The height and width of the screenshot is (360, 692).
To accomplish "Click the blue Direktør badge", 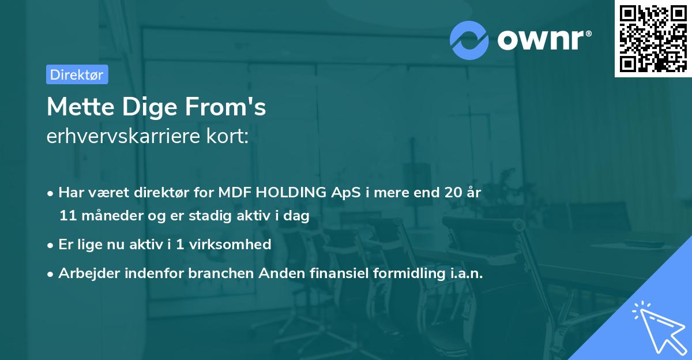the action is click(x=77, y=74).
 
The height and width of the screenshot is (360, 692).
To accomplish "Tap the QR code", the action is click(x=653, y=39).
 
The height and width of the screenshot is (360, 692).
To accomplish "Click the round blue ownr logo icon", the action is click(x=469, y=40).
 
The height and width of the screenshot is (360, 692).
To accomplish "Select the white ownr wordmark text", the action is click(x=544, y=40).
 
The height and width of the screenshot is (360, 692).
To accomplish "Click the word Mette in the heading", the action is click(x=81, y=107).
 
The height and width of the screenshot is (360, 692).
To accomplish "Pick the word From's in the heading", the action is click(x=225, y=107).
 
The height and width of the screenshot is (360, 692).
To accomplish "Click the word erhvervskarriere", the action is click(x=123, y=136).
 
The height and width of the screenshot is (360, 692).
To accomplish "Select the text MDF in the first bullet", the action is click(x=235, y=192).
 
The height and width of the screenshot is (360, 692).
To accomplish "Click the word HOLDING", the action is click(x=291, y=192).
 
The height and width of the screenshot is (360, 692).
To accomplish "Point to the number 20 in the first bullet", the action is click(x=453, y=192).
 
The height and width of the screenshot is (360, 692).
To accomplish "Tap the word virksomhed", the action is click(x=230, y=244).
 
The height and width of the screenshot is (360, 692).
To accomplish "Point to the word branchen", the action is click(x=221, y=273).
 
